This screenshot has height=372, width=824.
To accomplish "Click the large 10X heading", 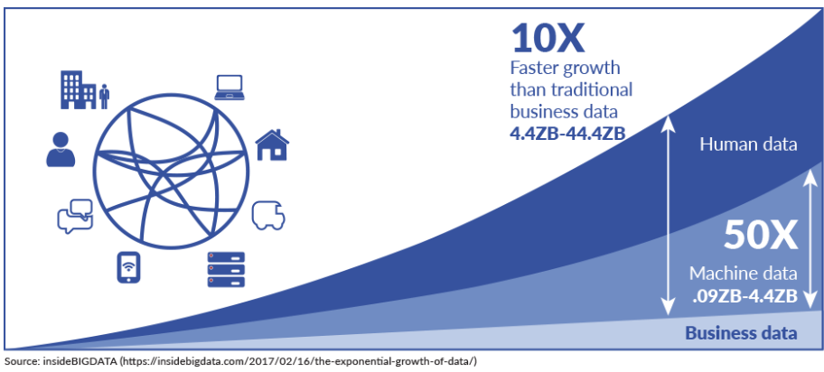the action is (x=548, y=39).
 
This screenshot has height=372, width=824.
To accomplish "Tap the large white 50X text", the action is (x=761, y=235).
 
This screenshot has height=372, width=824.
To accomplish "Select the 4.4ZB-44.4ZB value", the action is (x=567, y=134).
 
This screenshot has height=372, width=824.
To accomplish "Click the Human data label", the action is (x=748, y=144).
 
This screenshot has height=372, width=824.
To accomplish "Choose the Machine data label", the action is (x=743, y=274).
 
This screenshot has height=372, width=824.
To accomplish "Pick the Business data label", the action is (x=741, y=332).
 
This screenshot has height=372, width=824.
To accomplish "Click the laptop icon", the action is (x=229, y=88).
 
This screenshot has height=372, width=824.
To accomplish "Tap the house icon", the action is (x=272, y=144).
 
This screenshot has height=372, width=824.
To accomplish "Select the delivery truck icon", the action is (x=268, y=215).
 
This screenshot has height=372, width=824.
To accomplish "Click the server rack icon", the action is (x=226, y=270).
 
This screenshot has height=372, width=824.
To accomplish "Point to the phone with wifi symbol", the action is (x=128, y=267).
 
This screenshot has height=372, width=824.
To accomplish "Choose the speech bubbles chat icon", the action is (x=75, y=217).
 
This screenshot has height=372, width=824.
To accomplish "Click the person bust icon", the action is (x=61, y=149).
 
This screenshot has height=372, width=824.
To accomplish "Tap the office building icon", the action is (x=79, y=90).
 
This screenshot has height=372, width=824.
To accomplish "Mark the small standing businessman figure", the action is (x=105, y=96).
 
